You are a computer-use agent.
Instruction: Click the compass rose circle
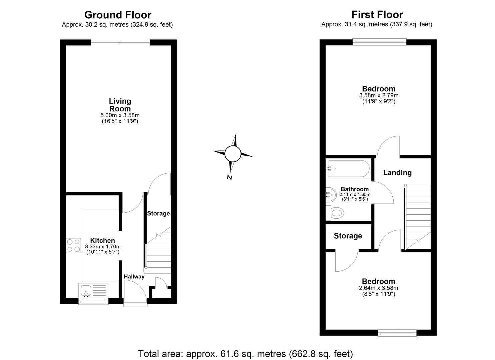[232, 154]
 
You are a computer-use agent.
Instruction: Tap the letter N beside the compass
[229, 177]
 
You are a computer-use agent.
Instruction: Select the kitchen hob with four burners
[74, 245]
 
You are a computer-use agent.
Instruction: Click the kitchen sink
[86, 290]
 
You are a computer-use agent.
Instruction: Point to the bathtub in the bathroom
[348, 169]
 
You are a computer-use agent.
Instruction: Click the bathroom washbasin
[331, 194]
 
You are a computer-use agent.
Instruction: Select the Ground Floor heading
[118, 15]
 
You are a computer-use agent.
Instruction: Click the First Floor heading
[377, 15]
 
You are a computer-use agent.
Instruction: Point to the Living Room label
[120, 105]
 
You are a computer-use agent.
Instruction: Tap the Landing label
[397, 173]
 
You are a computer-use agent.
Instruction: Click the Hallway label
[134, 276]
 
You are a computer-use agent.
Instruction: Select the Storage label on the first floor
[348, 236]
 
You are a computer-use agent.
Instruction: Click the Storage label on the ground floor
[158, 213]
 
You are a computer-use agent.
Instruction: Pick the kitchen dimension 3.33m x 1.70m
[103, 247]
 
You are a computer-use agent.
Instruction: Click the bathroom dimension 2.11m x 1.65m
[355, 195]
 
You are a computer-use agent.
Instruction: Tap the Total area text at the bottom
[245, 353]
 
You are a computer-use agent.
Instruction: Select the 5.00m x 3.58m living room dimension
[120, 115]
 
